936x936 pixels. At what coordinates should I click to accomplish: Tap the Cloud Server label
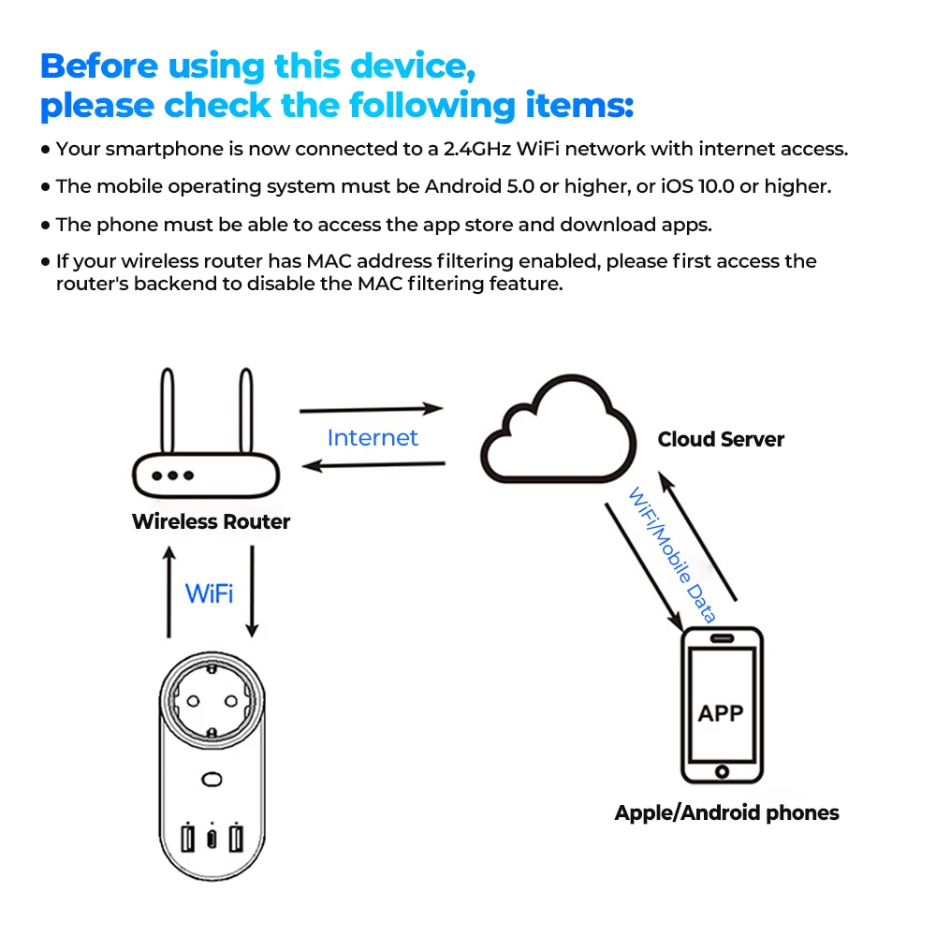[x=721, y=439]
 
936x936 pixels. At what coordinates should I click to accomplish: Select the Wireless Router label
[x=211, y=521]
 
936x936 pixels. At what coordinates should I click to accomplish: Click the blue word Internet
[x=373, y=437]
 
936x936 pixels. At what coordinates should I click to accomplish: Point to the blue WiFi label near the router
[x=210, y=592]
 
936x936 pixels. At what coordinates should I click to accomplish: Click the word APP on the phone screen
[x=721, y=713]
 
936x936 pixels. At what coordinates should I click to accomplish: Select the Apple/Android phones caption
[x=726, y=812]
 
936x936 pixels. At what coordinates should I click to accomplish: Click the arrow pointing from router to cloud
[x=371, y=409]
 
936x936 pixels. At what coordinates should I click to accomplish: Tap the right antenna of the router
[x=245, y=412]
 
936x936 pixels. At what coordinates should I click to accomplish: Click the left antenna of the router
[x=168, y=412]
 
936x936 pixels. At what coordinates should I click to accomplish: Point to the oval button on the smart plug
[x=212, y=779]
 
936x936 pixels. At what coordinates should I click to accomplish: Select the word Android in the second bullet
[x=462, y=186]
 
